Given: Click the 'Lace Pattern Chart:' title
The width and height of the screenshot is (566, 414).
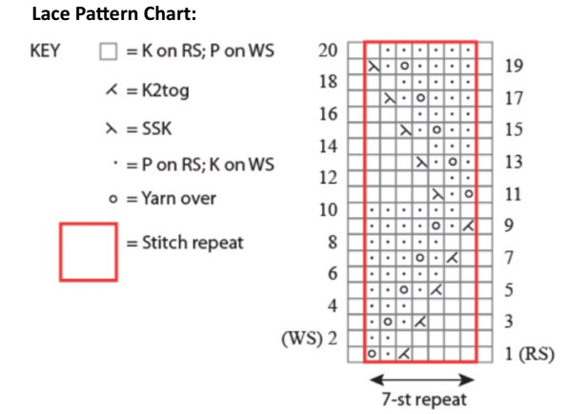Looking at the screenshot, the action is pos(114,14).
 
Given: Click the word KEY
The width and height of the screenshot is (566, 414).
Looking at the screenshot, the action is pos(45,50).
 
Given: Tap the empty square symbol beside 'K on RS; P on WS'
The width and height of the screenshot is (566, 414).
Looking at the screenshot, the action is pos(109,51).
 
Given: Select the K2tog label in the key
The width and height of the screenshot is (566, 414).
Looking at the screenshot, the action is pos(166,90).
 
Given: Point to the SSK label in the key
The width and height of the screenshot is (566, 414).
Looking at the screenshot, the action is pos(156,128).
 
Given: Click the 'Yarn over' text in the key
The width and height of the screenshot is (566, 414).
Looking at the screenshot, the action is pos(179,198).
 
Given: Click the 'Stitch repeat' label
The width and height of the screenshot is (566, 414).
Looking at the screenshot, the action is pos(192,243).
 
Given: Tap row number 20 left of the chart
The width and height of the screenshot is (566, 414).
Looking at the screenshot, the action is pos(328,50).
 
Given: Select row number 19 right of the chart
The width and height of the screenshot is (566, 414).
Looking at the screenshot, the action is pos(514,66).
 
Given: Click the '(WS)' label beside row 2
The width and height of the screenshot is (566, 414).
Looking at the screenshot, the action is pos(302,339).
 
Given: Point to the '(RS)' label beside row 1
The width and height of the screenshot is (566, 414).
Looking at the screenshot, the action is pos(536,354).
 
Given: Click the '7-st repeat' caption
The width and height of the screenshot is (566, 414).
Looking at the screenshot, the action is pos(424,400).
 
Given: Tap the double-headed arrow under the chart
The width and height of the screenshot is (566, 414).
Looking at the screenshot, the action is pos(421,380).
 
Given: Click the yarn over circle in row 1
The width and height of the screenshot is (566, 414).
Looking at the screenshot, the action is pos(372,354).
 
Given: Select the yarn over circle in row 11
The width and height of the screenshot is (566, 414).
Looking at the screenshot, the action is pos(469,194).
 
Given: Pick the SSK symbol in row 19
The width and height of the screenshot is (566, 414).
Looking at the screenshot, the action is pos(374,67).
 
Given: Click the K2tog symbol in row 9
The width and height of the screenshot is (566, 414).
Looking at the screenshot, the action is pos(468,227).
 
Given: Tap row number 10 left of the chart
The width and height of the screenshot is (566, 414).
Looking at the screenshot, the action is pos(328,210).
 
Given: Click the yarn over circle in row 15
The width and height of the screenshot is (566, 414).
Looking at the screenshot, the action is pos(436,129).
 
